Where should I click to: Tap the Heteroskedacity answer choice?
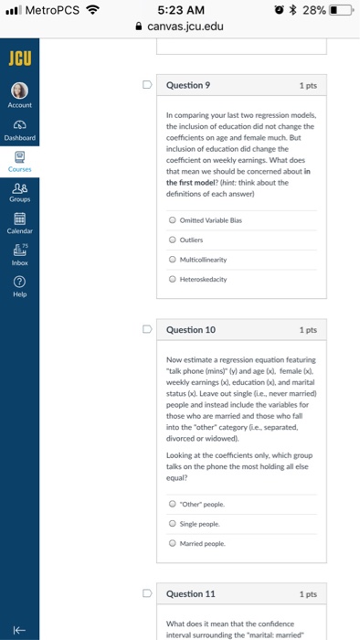[x=174, y=279]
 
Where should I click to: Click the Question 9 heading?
[x=188, y=85]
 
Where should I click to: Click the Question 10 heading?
[x=190, y=329]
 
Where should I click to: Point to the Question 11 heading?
[x=190, y=593]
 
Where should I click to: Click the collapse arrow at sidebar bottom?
[x=18, y=621]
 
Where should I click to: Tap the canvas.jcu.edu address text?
[x=185, y=27]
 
